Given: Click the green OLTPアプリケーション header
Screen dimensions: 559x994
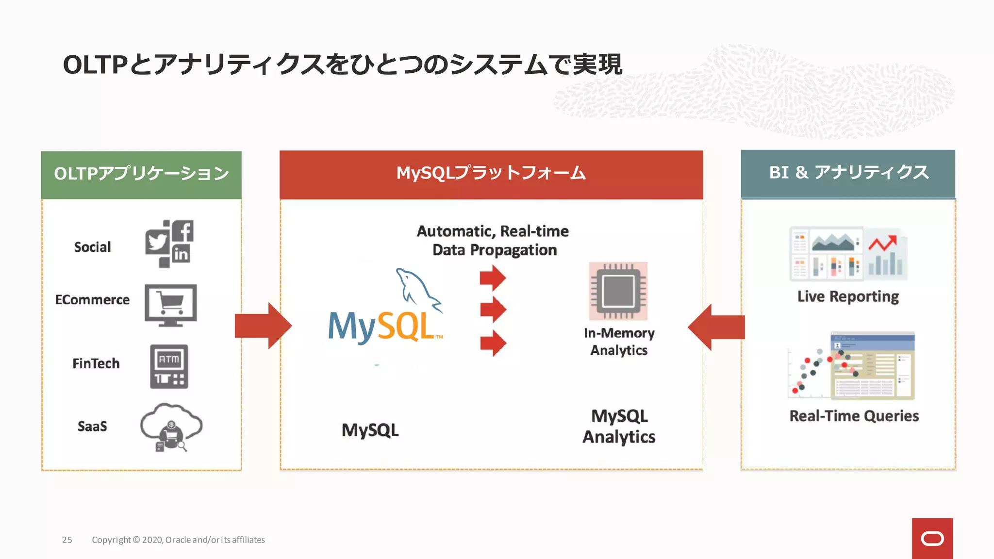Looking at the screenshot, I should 141,174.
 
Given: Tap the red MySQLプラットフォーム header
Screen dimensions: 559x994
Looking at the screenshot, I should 491,174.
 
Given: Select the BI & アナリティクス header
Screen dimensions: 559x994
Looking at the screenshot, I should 848,173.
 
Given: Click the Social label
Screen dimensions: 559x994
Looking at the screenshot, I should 92,247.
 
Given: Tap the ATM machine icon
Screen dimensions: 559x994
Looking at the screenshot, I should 168,366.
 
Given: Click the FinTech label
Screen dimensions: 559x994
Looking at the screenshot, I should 96,363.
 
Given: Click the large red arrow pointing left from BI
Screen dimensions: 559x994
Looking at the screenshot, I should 716,327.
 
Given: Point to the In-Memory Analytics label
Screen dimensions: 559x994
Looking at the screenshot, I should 619,341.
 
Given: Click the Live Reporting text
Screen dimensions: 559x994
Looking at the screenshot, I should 848,296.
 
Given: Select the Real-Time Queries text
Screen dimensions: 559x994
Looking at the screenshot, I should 854,416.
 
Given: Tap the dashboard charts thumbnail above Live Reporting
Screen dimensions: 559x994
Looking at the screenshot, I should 848,254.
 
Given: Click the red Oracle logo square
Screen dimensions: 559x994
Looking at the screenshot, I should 932,538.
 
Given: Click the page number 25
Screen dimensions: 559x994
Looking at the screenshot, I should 67,540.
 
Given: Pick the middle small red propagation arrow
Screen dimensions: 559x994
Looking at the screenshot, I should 493,310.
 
